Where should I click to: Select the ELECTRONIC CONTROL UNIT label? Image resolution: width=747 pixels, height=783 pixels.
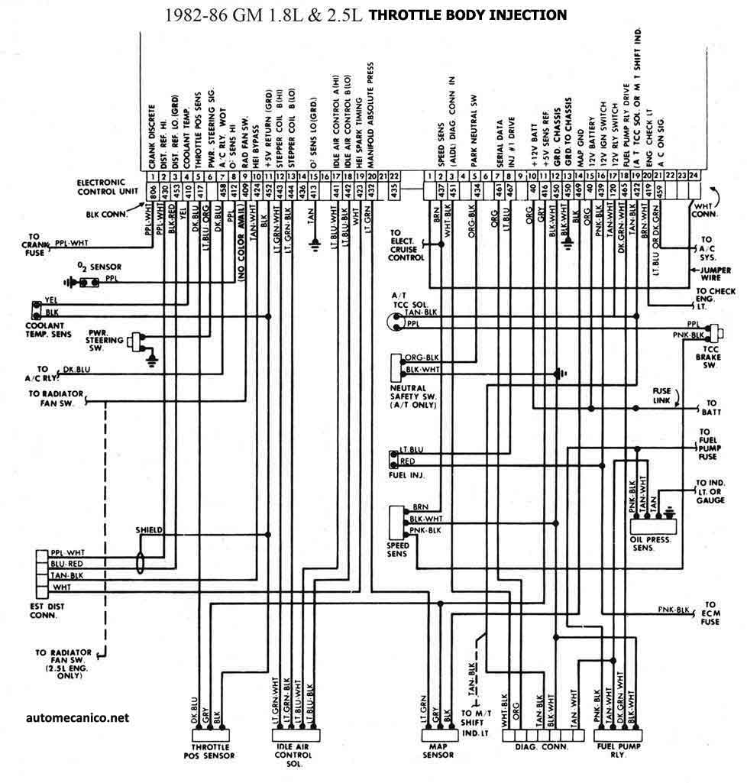point(106,187)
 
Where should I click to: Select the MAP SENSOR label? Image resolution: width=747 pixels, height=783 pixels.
point(438,750)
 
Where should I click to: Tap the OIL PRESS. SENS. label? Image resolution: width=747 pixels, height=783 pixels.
point(652,543)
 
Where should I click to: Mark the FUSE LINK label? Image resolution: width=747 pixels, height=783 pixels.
point(661,395)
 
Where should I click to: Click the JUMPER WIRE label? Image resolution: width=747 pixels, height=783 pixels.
point(716,274)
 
